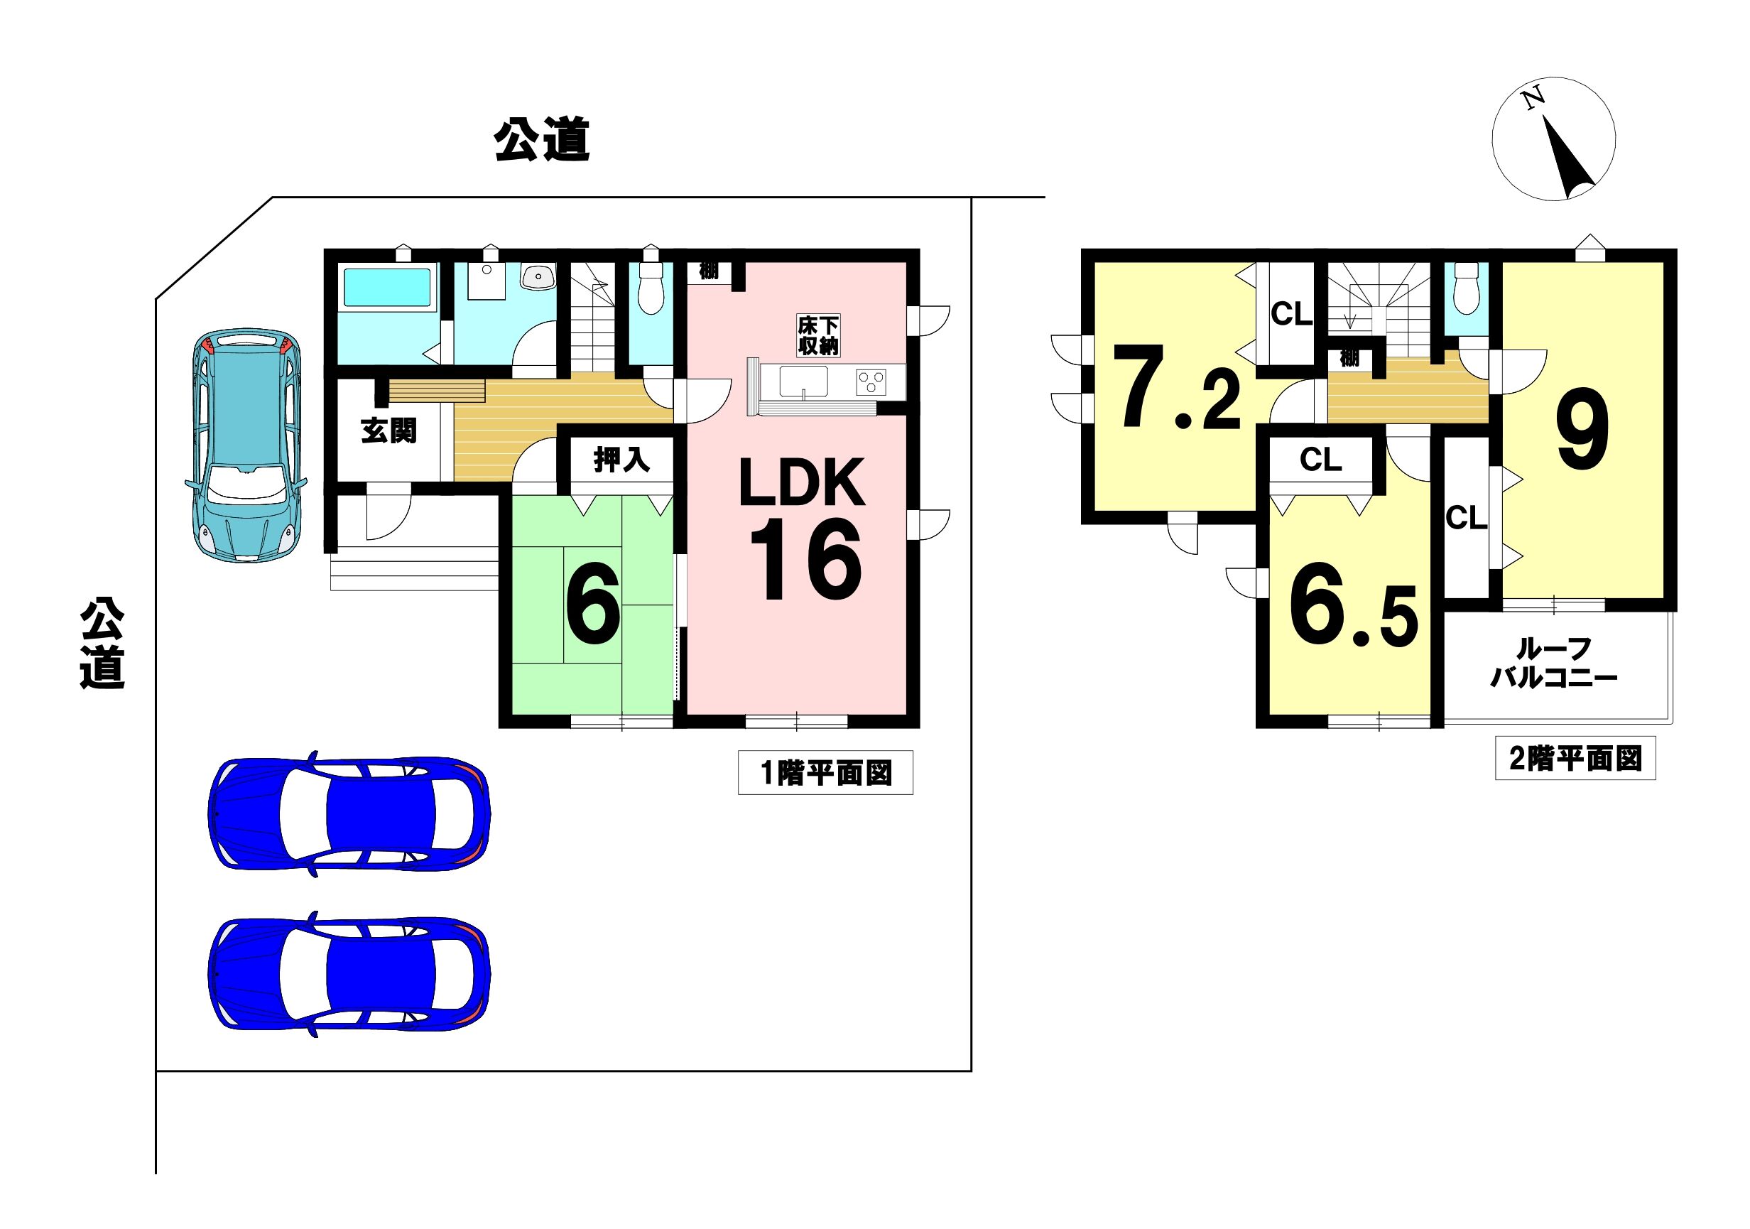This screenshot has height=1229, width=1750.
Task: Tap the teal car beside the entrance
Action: [x=246, y=445]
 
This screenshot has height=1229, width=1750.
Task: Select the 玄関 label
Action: [x=388, y=431]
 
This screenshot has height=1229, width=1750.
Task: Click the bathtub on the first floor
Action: [x=387, y=288]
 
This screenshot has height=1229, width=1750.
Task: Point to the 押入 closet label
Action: [x=621, y=460]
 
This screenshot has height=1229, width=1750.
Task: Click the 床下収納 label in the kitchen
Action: [x=818, y=335]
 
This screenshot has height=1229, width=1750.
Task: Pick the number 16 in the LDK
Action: [x=805, y=560]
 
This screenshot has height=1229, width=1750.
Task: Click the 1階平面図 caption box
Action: [x=825, y=773]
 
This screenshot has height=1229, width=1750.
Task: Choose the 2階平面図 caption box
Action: [x=1575, y=759]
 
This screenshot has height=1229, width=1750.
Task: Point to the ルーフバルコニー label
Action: [x=1553, y=663]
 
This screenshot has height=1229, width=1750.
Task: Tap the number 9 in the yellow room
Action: [x=1583, y=429]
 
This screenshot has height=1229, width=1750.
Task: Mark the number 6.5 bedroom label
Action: [x=1354, y=605]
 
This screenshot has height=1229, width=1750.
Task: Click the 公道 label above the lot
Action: [x=542, y=139]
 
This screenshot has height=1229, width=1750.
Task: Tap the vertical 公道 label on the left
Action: [x=103, y=644]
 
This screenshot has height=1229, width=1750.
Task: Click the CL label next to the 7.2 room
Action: [x=1292, y=313]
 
